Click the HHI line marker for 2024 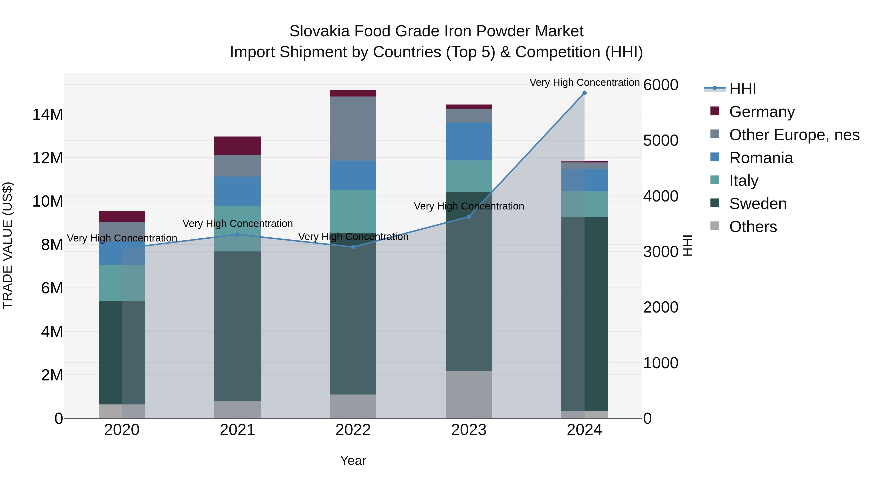[x=584, y=93]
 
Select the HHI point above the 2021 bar [x=238, y=234]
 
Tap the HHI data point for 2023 [x=469, y=217]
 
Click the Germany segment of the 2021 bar [x=238, y=146]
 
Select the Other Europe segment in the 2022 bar [x=353, y=129]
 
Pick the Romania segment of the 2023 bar [x=469, y=141]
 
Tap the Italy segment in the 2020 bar [x=122, y=283]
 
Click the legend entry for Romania [x=761, y=158]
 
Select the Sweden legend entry [x=758, y=204]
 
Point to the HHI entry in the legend [x=742, y=89]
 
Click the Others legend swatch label [x=753, y=227]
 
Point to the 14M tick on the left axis [x=48, y=114]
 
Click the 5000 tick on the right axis [x=661, y=140]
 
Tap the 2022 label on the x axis [x=353, y=430]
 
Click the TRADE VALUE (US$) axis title [x=8, y=245]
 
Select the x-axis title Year [x=353, y=460]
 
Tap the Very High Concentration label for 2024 [x=584, y=82]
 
